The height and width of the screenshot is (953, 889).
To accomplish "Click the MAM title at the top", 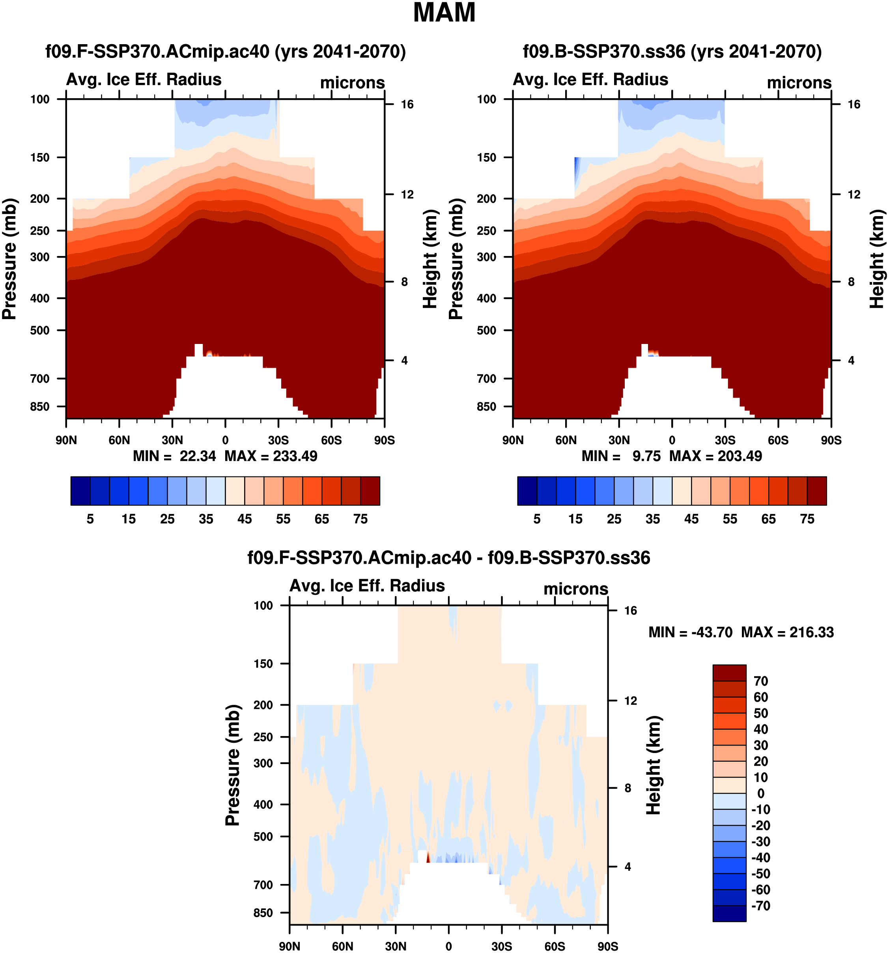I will click(444, 13).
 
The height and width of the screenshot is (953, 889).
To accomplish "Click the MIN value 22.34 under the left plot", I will click(198, 456).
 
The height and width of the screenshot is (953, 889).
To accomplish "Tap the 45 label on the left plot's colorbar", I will click(245, 519).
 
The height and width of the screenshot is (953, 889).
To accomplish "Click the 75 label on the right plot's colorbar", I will click(807, 519).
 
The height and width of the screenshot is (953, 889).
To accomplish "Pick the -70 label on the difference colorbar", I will click(760, 906).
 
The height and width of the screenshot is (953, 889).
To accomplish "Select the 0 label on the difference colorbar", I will click(760, 793).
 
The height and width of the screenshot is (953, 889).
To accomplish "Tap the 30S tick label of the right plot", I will click(725, 440).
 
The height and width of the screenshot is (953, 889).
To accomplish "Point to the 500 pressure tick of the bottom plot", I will click(263, 837).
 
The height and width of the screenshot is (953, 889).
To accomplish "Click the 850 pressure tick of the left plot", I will click(40, 407).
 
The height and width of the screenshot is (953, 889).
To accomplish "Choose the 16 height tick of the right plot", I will click(854, 105).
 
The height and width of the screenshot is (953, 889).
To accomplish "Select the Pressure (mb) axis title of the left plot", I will click(9, 259).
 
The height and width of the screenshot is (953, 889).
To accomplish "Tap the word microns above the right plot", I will click(799, 83).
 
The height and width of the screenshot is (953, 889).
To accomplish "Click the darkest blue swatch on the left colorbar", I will click(80, 491).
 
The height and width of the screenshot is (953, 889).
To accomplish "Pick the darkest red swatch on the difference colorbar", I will click(729, 673).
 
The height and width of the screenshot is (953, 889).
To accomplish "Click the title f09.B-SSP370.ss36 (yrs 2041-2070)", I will click(672, 51).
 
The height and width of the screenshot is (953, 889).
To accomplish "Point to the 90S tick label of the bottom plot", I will click(607, 946).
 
